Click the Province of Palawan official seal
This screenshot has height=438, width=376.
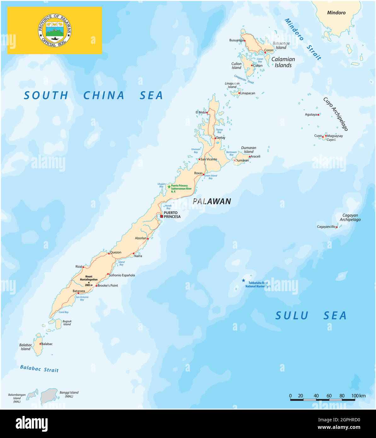coord(55,30)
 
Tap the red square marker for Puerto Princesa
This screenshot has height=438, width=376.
coord(162,216)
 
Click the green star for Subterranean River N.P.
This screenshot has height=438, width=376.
coord(169,187)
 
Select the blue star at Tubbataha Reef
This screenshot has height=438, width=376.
coord(243,280)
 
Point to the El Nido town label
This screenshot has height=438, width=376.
coord(200,112)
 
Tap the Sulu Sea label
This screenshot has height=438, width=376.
coord(311,315)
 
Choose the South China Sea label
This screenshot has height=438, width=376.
coord(93,95)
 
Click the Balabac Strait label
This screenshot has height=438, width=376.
coord(39,368)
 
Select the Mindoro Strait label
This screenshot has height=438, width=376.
coord(303,39)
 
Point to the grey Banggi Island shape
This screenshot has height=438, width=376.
coord(49,396)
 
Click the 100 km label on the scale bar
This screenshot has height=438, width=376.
coord(358,396)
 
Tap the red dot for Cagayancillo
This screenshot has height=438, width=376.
coord(337,227)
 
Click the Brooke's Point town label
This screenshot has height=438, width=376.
coord(107,285)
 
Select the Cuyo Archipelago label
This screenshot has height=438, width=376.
coord(336,114)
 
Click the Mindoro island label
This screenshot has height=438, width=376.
coord(336,13)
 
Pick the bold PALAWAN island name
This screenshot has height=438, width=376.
coord(212,201)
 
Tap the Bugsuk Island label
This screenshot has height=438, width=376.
coord(67,323)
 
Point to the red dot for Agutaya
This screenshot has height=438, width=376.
coord(318,115)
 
